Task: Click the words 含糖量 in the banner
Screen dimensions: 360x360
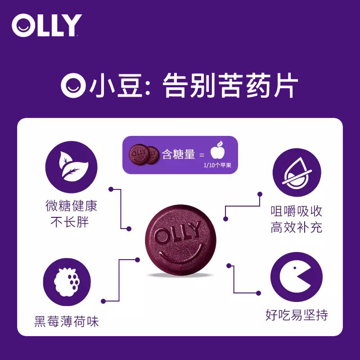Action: (179, 155)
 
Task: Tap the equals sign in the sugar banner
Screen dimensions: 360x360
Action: (202, 155)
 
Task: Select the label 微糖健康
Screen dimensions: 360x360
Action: (71, 207)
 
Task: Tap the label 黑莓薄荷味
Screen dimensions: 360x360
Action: (66, 322)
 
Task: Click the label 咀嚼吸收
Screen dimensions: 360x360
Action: (297, 211)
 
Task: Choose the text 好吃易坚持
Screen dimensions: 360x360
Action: (297, 315)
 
